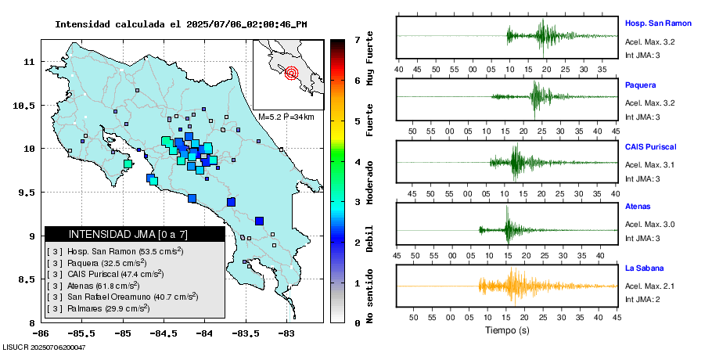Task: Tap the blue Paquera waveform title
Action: click(x=641, y=85)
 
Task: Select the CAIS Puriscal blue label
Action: click(x=651, y=146)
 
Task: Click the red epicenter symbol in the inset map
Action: click(x=292, y=74)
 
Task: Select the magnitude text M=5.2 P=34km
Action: click(x=286, y=117)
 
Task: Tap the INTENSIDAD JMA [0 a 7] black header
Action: click(x=135, y=234)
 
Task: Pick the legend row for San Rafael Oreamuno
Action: click(x=122, y=297)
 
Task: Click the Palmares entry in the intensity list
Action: click(x=99, y=308)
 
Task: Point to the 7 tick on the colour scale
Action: click(x=357, y=39)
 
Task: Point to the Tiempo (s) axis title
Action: click(x=507, y=330)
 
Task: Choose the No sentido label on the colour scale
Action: click(x=369, y=298)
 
